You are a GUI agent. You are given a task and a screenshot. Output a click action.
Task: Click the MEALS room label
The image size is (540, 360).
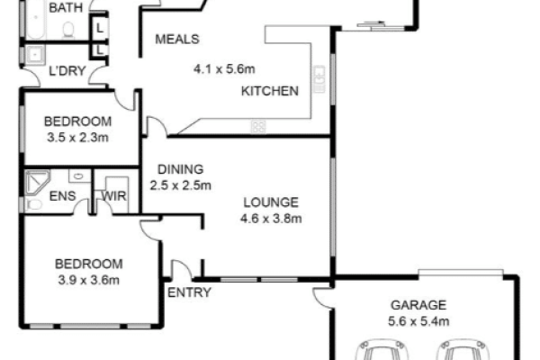point(177,40)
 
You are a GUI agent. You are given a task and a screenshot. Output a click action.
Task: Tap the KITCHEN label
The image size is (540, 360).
point(270,91)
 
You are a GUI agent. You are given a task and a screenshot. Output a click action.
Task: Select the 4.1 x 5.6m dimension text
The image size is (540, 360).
point(224,69)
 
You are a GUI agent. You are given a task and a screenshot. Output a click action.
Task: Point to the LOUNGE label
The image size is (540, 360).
point(271,202)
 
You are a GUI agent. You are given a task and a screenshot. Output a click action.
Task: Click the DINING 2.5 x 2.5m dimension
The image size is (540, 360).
point(181,185)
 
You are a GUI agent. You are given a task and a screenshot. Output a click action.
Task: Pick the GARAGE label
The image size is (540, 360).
point(418,305)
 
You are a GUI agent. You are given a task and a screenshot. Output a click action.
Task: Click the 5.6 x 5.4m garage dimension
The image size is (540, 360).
point(418,321)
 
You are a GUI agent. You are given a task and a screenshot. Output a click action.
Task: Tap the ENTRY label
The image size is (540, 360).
point(189,292)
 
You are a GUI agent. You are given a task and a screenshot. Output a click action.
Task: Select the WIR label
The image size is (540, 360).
point(114,196)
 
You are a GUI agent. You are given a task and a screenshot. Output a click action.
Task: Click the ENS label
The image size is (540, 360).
point(62,196)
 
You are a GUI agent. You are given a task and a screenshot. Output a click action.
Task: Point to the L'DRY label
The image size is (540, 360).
point(67,71)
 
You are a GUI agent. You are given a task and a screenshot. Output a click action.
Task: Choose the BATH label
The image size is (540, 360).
point(66,7)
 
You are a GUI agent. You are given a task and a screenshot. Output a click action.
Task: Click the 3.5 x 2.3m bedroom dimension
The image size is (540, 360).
point(77,138)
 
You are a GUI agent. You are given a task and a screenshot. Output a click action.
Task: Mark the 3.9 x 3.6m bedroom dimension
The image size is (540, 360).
point(88,280)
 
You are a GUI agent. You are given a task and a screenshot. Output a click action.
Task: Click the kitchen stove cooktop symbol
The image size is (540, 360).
point(258,126)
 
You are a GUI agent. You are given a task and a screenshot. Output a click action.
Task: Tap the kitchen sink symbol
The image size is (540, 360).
point(319,79)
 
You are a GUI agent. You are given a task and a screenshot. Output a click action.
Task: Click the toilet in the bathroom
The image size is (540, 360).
point(68,30)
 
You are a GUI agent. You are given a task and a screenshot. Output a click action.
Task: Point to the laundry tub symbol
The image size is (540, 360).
point(35,54)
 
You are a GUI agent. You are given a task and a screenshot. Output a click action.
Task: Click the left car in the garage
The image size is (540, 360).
point(380,350)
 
